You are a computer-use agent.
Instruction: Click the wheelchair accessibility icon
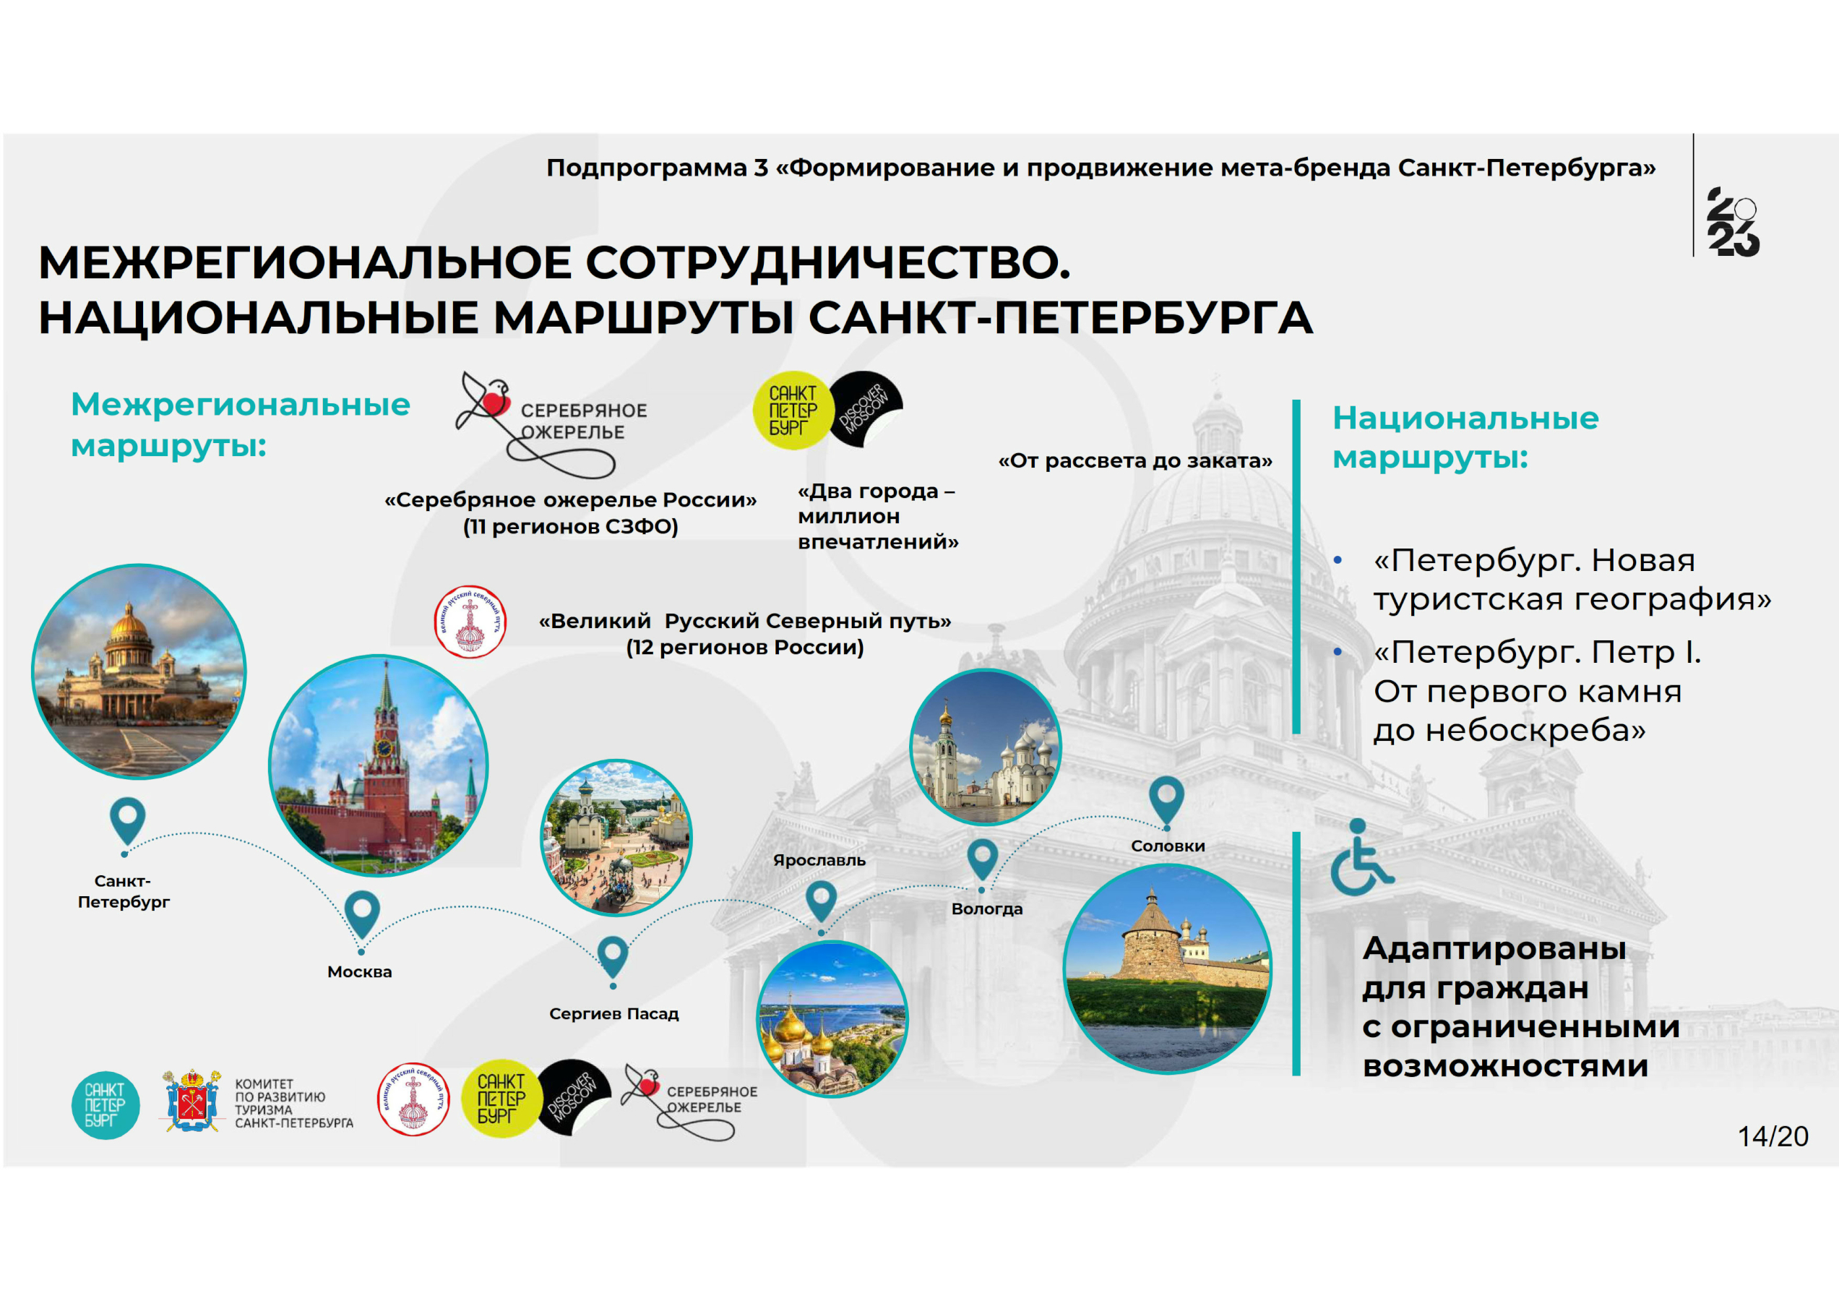(1360, 857)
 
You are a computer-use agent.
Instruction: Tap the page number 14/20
(1773, 1136)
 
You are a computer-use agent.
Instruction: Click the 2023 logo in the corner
(1734, 222)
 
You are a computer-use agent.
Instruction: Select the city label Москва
(360, 971)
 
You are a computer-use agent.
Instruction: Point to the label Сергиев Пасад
(613, 1013)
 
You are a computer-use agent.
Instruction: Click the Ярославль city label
(819, 860)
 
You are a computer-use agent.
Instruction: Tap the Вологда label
(987, 909)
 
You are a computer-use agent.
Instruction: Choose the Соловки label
(1168, 846)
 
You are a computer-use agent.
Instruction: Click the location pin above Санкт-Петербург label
(127, 821)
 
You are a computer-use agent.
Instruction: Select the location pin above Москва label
(362, 915)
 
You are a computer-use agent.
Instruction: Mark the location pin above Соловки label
(1166, 799)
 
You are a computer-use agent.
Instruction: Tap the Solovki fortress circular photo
(1167, 969)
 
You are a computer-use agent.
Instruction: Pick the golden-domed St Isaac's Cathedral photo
(139, 671)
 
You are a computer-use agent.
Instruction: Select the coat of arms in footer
(191, 1100)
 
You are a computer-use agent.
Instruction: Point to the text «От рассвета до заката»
(1135, 460)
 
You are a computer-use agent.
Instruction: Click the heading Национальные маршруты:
(1465, 437)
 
